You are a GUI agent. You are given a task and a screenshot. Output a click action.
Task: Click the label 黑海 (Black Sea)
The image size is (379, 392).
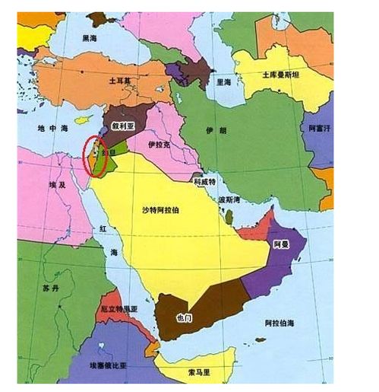90,37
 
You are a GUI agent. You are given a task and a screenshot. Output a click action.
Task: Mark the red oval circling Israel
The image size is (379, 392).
94,155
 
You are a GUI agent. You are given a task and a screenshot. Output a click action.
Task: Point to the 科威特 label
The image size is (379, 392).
204,183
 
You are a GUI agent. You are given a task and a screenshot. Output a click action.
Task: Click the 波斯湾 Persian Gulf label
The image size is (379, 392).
229,199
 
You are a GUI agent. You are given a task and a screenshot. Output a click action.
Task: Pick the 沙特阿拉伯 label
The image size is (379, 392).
164,209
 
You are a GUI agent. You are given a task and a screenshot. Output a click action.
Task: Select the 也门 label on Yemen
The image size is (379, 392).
185,316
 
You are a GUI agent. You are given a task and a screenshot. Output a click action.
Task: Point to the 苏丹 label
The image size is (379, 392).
50,290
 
